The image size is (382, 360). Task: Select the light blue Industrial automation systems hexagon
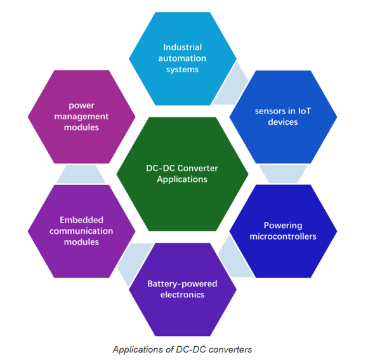click(x=182, y=58)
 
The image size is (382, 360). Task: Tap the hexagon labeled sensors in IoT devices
click(x=282, y=116)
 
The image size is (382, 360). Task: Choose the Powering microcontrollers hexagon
click(x=282, y=231)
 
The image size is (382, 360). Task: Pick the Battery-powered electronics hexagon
click(x=182, y=289)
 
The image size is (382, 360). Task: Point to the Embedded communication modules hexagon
click(x=81, y=231)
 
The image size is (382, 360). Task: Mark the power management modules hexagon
click(x=81, y=116)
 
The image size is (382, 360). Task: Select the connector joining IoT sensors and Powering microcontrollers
click(x=282, y=173)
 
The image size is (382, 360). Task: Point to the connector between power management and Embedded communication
click(x=81, y=173)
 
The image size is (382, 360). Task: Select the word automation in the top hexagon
click(x=183, y=58)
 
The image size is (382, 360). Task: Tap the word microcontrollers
click(x=282, y=236)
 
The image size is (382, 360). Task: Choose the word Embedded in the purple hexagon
click(x=81, y=220)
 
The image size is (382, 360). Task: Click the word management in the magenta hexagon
click(x=81, y=116)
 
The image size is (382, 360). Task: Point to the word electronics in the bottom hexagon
click(x=182, y=295)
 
